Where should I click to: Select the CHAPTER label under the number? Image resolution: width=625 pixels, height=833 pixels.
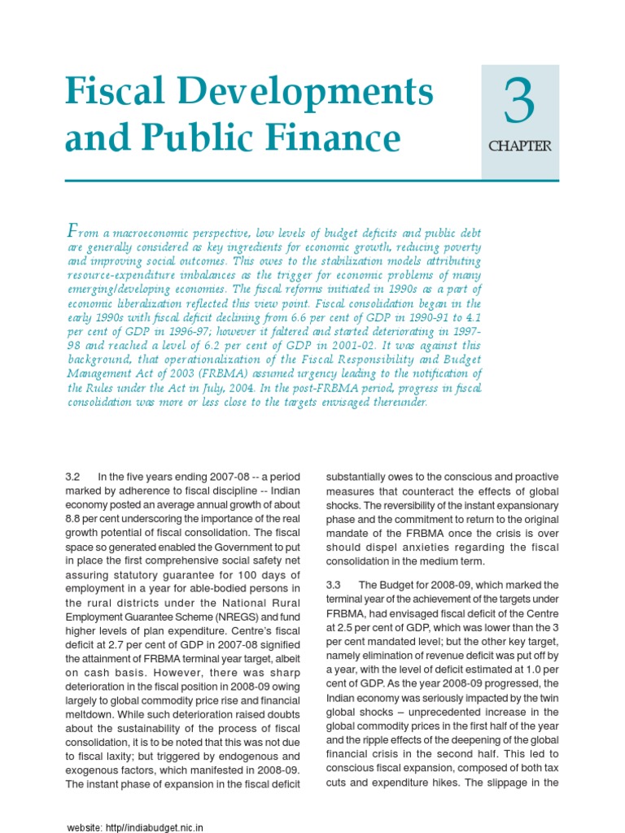[519, 147]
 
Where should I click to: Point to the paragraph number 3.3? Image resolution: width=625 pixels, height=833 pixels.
[334, 585]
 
